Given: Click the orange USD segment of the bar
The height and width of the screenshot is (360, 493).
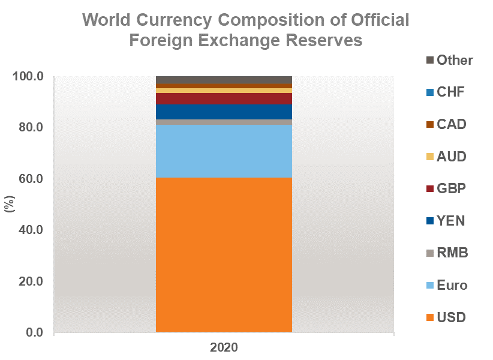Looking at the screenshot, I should coord(224,254).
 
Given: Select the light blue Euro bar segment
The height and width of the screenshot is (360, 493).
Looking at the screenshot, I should coord(224,151).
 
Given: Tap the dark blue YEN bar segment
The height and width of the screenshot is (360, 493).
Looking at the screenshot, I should coord(224,112).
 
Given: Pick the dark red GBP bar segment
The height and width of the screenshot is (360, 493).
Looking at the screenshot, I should coord(224,98).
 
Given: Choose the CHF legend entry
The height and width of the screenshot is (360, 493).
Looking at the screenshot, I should coord(444,92).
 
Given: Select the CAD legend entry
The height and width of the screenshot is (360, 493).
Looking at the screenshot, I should coord(444,124).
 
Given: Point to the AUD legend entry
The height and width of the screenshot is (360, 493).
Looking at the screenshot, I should coord(444,157).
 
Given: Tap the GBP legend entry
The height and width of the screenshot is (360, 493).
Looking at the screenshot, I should coord(444,189).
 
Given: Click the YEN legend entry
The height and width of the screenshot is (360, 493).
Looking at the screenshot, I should coord(444,221).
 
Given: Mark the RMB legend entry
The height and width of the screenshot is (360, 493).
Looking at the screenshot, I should coord(445,253).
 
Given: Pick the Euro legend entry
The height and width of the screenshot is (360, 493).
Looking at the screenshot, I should coord(445,285).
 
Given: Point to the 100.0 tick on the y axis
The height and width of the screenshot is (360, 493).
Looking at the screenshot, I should coord(31,77).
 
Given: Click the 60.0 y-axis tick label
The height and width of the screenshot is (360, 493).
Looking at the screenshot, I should coord(34,179).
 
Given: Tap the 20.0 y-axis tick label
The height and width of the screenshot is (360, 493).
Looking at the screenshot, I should coord(34,281).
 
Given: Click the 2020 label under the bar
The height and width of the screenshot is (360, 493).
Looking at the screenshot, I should coord(224,347).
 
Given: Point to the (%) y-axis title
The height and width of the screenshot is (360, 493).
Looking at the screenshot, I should coord(10,205).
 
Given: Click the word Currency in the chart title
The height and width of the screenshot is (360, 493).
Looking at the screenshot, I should coord(191,20).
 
